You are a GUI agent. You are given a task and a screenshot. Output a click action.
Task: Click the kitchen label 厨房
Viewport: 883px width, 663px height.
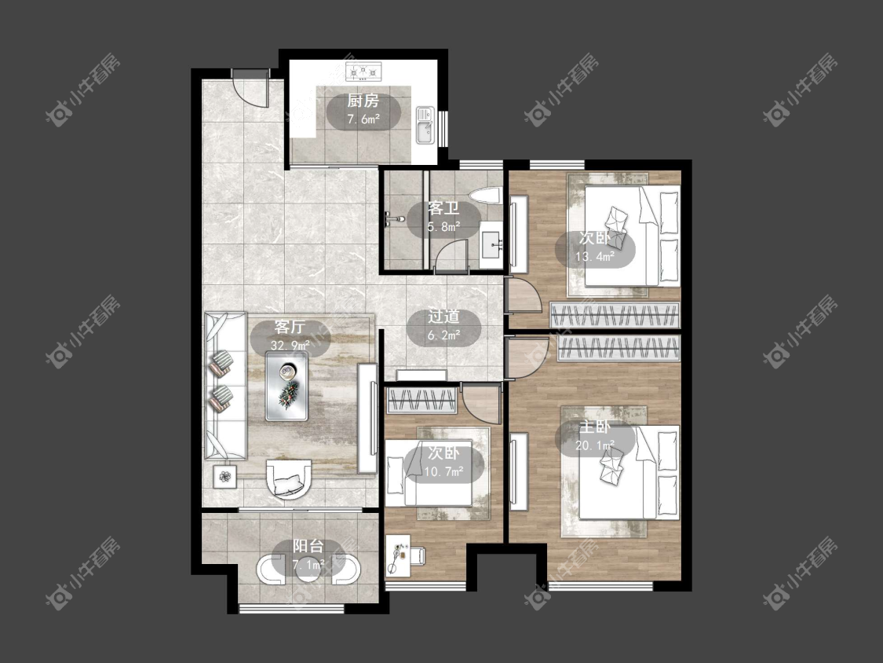pos(363,101)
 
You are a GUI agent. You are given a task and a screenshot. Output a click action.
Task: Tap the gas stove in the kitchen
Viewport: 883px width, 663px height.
pos(363,71)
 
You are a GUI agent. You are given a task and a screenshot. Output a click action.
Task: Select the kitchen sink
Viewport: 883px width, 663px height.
pos(425,125)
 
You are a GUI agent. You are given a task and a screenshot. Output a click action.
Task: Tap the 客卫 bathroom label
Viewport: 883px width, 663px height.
pos(443,209)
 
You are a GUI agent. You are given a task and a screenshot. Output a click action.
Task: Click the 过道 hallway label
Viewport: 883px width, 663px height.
pos(443,317)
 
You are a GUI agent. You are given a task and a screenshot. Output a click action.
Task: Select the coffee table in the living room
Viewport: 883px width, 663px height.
pos(287,386)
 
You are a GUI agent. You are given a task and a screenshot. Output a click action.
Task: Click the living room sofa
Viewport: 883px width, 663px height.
pos(225,386)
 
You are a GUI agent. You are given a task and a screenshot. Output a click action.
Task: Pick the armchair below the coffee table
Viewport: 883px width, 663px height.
pos(289,478)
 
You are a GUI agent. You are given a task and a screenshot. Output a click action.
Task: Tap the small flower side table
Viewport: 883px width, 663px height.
pos(225,476)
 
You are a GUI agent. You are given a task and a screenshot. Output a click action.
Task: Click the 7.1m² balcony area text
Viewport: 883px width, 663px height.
pos(308,564)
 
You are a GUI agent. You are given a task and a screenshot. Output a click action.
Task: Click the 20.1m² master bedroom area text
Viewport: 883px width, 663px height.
pos(595,445)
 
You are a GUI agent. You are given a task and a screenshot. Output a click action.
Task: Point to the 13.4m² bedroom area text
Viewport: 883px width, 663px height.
pos(595,257)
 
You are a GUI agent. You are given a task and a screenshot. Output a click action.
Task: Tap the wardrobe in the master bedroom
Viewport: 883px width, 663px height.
pos(618,349)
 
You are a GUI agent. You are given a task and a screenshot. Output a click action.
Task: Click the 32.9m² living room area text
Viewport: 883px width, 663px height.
pos(290,345)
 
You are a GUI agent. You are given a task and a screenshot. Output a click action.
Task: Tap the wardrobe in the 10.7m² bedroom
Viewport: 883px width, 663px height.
pos(421,401)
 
